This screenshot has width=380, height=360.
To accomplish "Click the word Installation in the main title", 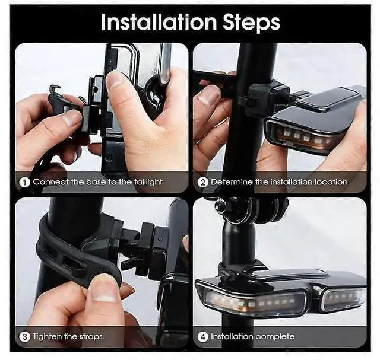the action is [159, 22].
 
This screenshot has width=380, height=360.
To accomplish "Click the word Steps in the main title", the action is [251, 23].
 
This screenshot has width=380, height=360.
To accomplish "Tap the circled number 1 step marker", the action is [24, 182].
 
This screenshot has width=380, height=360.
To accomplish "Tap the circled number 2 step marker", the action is [203, 182].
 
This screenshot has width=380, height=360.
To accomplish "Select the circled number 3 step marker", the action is [24, 337].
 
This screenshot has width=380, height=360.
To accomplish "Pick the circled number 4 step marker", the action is [203, 337].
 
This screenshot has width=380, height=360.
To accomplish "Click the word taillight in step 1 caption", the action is [148, 182].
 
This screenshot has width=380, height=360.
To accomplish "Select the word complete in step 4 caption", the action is [275, 337].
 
